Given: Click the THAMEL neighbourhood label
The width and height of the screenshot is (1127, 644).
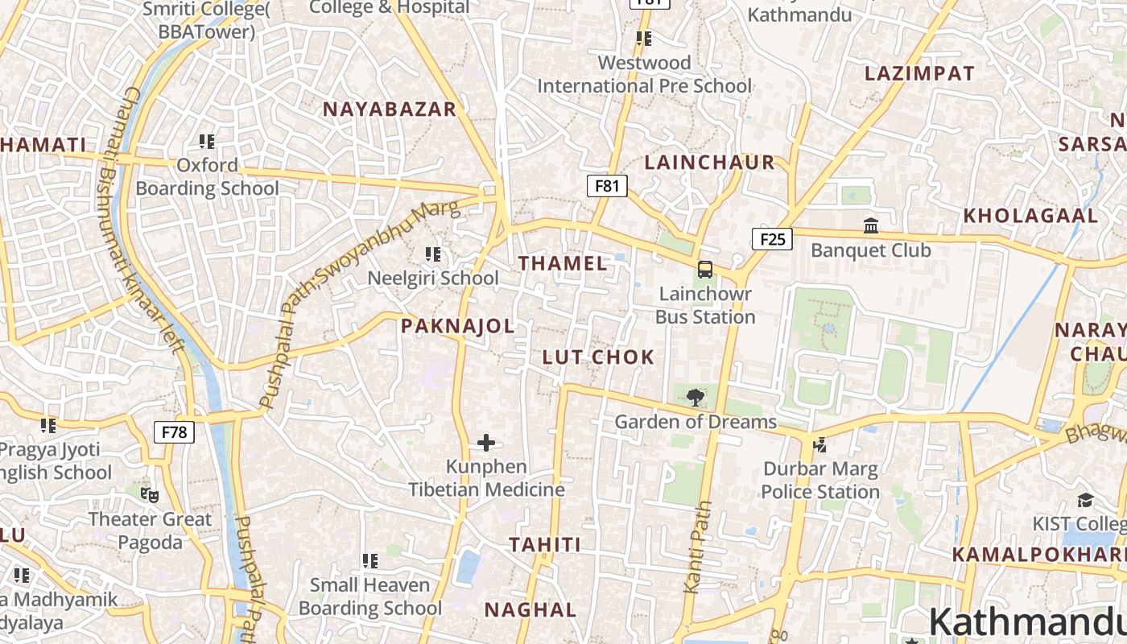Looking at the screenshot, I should click(563, 263).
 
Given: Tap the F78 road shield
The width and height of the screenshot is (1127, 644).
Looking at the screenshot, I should click(174, 432).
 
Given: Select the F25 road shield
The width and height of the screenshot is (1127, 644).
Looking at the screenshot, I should click(772, 239).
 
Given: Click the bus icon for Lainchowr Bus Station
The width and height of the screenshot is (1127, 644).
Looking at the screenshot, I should click(705, 270).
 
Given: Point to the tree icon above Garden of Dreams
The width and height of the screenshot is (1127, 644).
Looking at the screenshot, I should click(696, 397).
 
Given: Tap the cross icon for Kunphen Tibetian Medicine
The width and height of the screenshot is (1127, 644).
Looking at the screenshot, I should click(486, 442).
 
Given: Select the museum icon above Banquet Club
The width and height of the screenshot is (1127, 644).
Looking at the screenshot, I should click(871, 226).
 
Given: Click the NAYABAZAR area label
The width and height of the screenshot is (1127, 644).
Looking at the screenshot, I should click(390, 109).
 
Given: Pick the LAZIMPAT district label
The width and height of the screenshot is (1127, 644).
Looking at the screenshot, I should click(919, 73).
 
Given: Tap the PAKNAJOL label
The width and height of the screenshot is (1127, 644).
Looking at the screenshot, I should click(457, 326).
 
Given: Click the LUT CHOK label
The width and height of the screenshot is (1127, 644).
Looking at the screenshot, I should click(598, 357).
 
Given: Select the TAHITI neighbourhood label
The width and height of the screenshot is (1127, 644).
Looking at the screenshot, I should click(544, 545).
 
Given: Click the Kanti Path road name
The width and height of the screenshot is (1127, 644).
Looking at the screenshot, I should click(699, 547).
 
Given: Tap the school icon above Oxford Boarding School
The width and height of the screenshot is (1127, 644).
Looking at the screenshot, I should click(207, 142).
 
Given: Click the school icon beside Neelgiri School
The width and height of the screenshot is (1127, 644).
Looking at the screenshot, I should click(433, 254).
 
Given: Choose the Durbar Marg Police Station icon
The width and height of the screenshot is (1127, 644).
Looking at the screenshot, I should click(820, 444).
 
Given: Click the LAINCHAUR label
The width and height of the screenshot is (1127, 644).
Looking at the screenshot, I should click(709, 163).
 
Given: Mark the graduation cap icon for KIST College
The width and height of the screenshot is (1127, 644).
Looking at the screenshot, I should click(1085, 500).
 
